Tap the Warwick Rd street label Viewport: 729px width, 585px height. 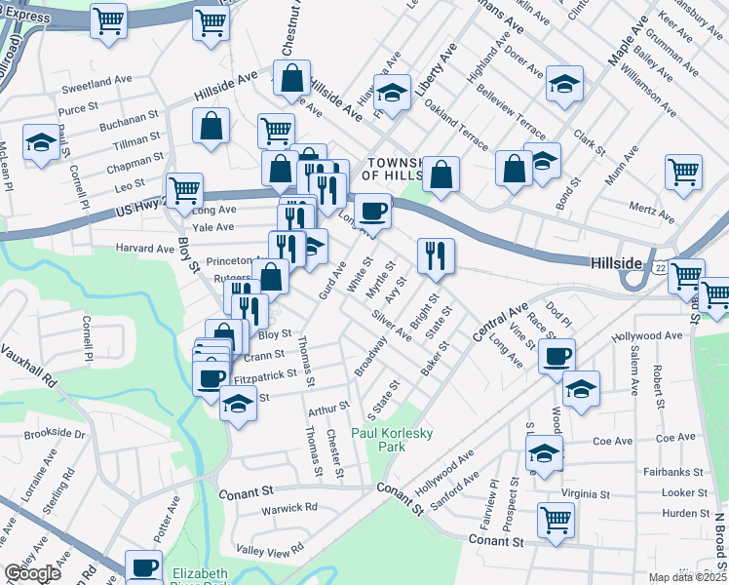tap(289, 508)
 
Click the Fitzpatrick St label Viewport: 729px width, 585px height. tap(265, 374)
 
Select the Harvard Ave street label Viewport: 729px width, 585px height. tap(145, 249)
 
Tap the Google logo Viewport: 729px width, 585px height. tap(32, 573)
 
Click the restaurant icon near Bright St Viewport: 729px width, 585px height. tap(436, 254)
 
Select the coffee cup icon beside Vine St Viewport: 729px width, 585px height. tap(556, 356)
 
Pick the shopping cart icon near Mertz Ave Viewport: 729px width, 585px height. tap(684, 172)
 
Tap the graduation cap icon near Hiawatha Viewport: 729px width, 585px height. tap(393, 93)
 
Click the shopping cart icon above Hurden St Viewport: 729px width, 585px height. tap(556, 519)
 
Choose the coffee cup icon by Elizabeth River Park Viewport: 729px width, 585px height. tap(144, 566)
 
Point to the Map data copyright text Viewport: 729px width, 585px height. tap(686, 577)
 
